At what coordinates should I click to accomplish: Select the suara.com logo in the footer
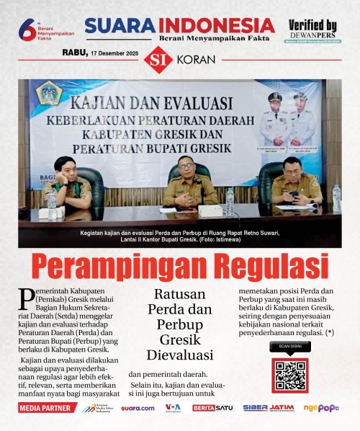(x=138, y=408)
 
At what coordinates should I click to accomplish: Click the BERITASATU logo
(x=212, y=408)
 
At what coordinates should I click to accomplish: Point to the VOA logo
(x=173, y=408)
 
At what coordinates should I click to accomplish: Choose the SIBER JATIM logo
(x=268, y=408)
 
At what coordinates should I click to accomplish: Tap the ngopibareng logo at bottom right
(x=320, y=408)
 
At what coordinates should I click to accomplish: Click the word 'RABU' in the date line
(x=74, y=53)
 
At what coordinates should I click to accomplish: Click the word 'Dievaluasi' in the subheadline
(x=181, y=355)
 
